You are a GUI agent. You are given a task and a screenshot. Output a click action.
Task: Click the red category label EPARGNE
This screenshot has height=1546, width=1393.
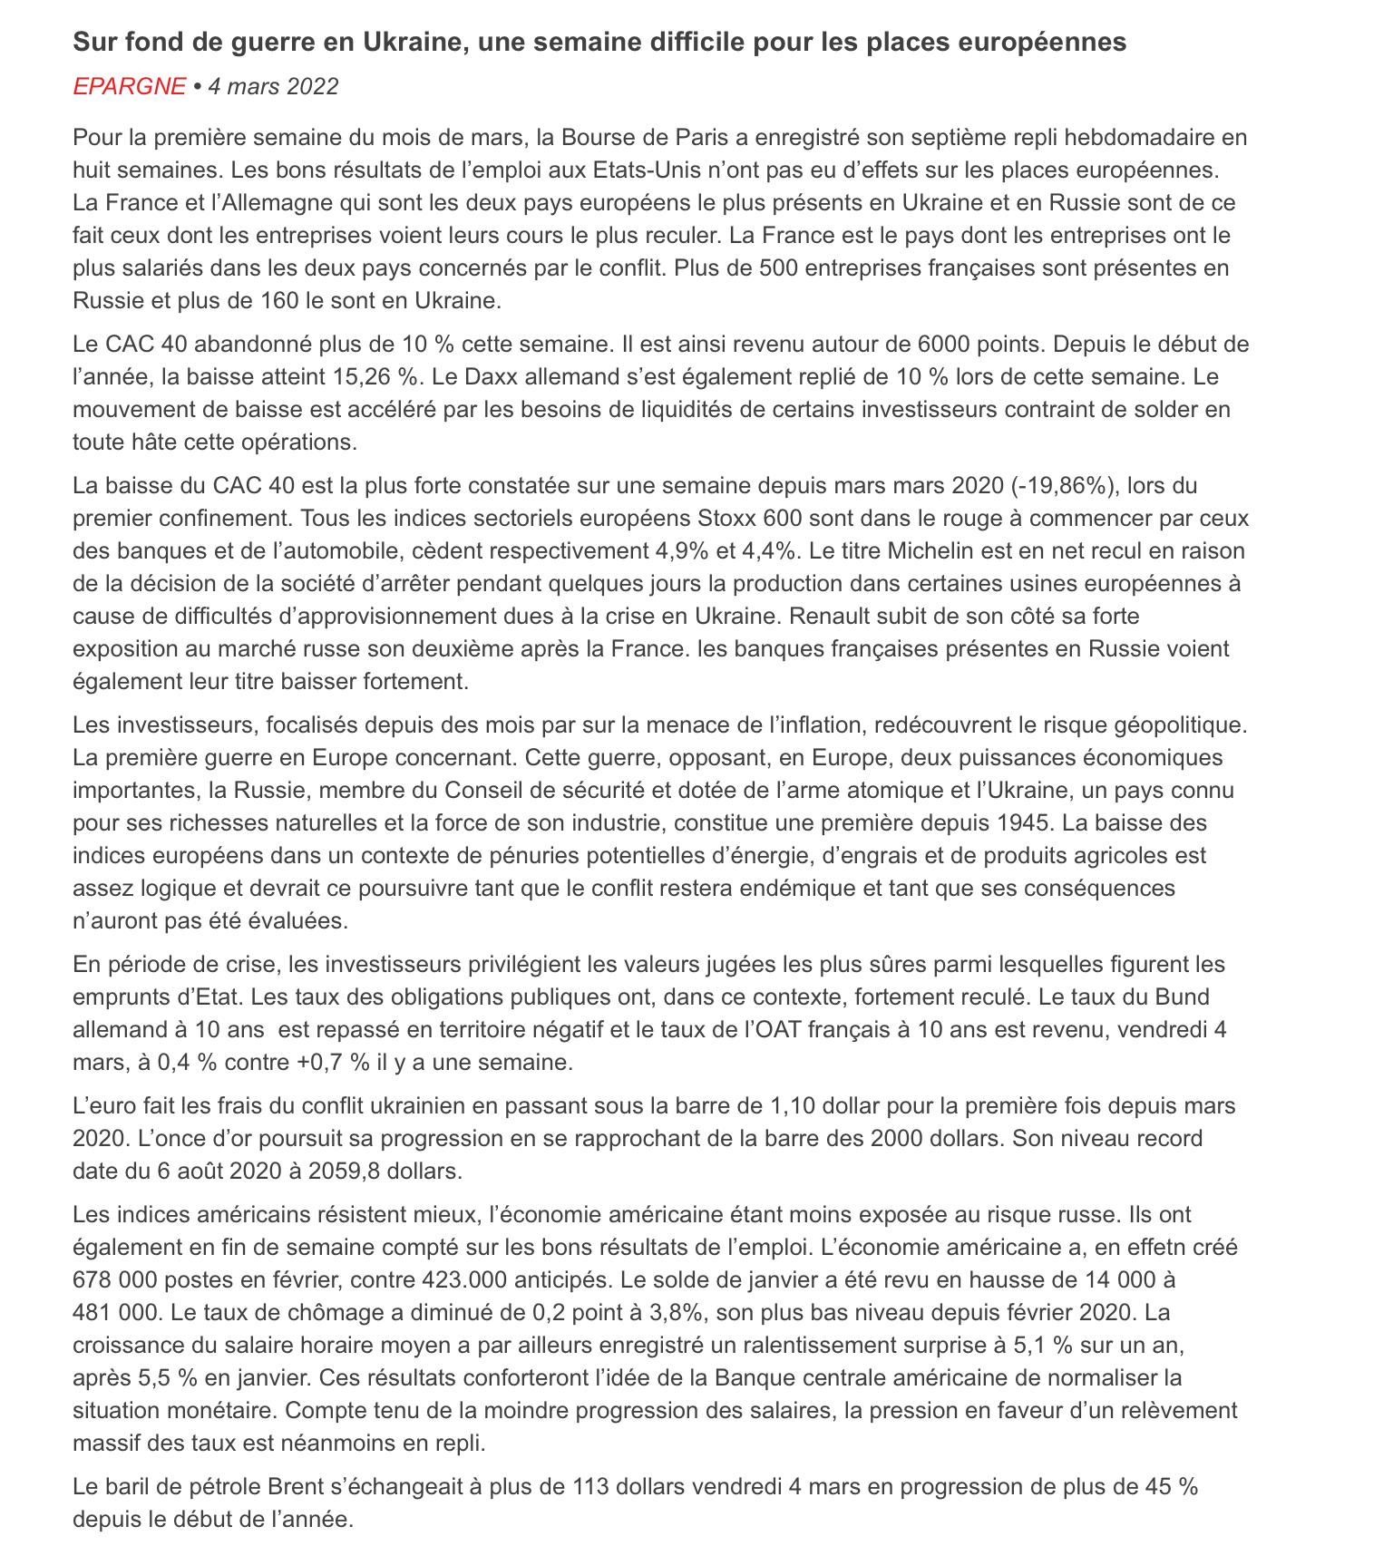129,87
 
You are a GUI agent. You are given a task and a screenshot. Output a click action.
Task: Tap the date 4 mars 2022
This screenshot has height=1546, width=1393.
273,87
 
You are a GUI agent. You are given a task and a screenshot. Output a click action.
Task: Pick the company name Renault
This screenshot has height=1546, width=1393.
825,617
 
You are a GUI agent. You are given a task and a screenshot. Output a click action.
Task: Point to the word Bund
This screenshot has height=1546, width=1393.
1183,997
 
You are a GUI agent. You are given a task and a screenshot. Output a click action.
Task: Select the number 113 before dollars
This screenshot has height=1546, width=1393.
590,1487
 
